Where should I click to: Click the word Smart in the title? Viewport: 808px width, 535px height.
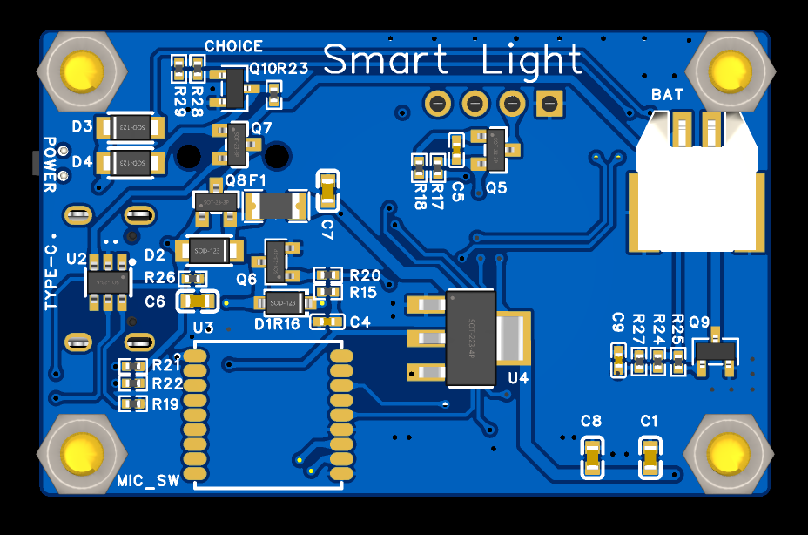386,60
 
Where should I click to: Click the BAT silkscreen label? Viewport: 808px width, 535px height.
667,94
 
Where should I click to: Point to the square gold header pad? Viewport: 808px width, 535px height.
548,105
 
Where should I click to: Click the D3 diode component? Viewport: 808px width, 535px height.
131,128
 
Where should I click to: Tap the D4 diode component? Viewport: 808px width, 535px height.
131,162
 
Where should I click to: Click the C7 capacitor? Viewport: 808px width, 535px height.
327,191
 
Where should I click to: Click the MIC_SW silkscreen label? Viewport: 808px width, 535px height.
148,481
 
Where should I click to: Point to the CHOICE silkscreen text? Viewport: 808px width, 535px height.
233,46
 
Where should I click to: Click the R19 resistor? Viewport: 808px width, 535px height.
133,403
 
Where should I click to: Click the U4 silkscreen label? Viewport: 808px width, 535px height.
519,378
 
